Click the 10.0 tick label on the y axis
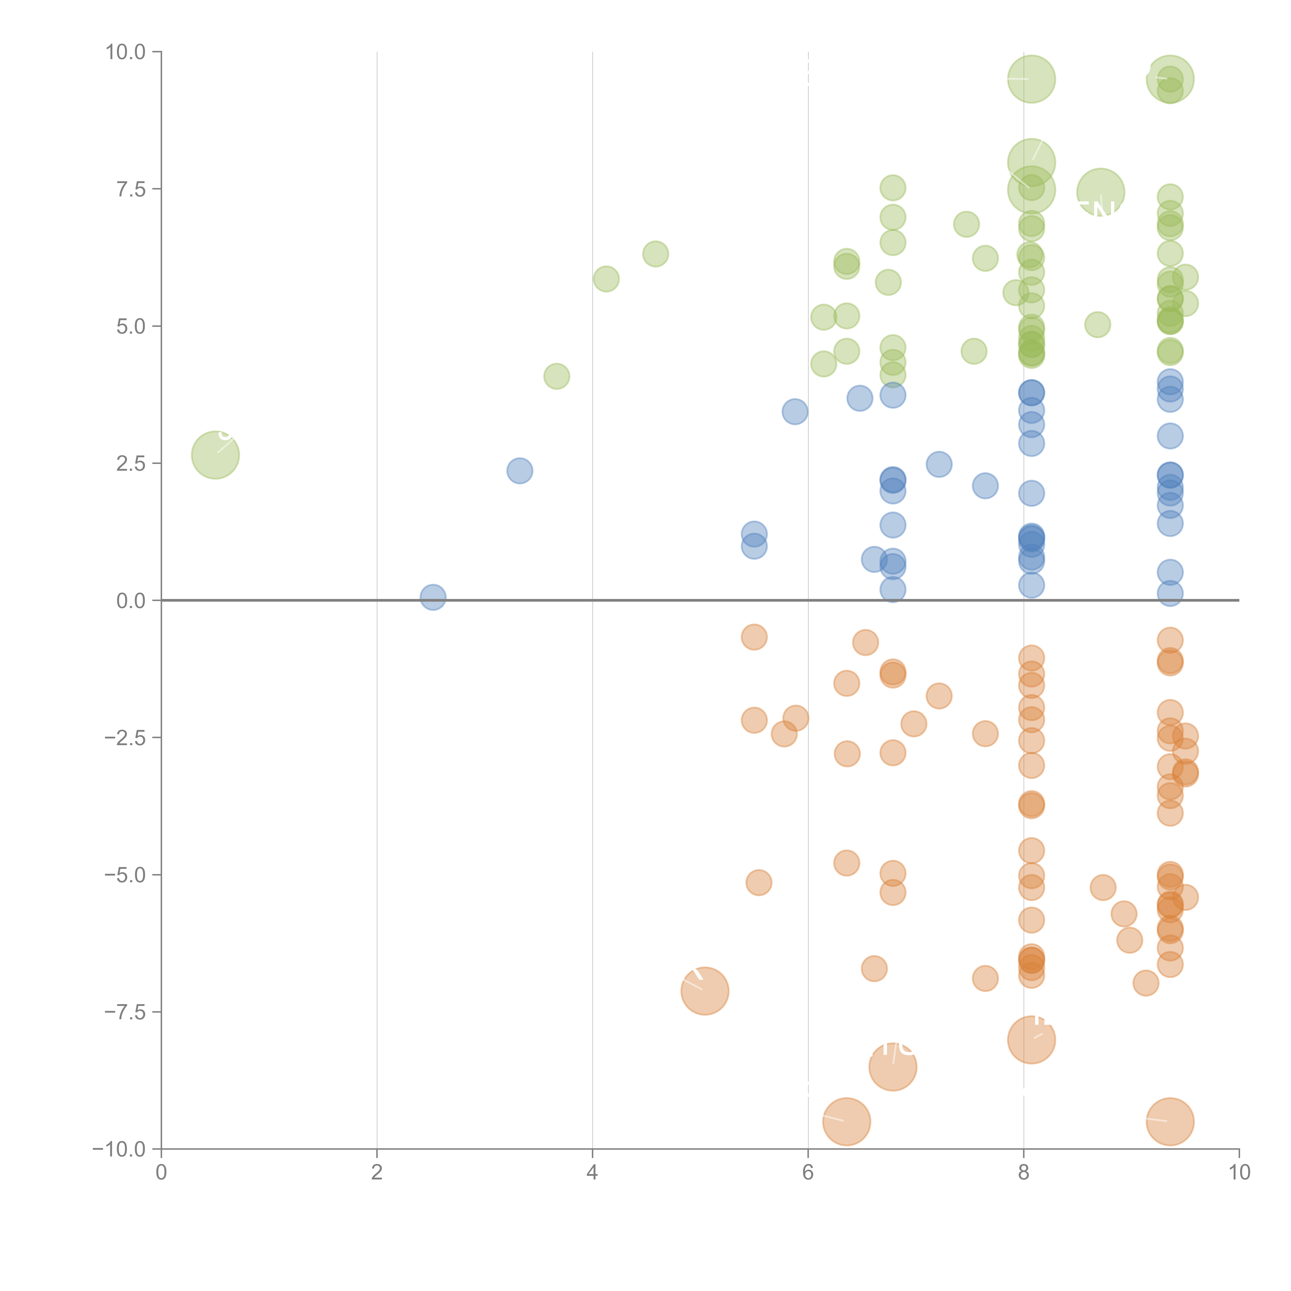coord(126,52)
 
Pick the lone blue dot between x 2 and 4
coord(519,470)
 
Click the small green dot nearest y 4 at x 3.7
coord(557,376)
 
